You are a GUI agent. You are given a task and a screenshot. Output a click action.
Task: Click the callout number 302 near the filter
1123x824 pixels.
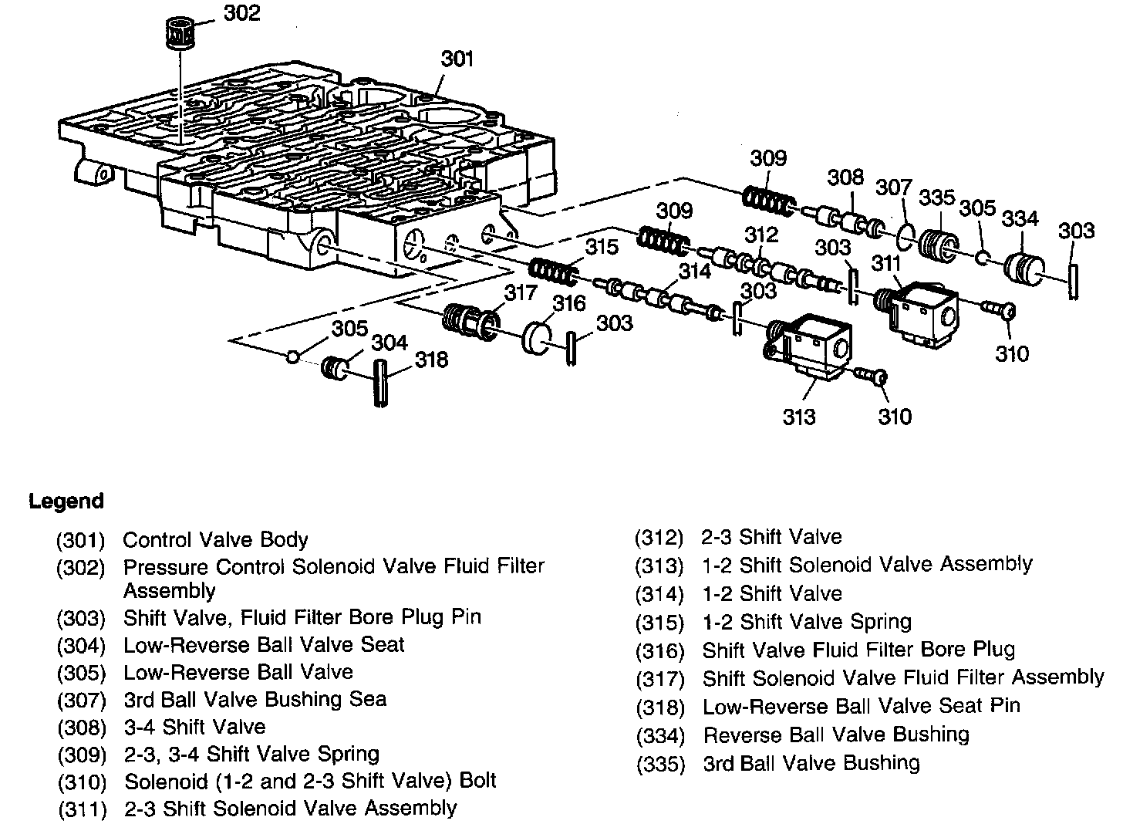(x=242, y=13)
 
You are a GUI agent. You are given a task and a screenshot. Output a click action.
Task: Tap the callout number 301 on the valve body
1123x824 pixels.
(x=457, y=59)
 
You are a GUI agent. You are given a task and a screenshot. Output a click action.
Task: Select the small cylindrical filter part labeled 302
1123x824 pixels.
(x=183, y=34)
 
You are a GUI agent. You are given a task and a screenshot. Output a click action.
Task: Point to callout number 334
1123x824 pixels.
(x=1020, y=219)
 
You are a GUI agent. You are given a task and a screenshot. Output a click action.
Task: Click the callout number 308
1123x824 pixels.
(x=845, y=177)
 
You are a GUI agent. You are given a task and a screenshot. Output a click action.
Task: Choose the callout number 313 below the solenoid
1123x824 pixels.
(x=799, y=417)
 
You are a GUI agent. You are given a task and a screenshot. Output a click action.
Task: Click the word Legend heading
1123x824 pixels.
(x=66, y=501)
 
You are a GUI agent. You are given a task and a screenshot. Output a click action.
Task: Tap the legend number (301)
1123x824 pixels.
(x=80, y=540)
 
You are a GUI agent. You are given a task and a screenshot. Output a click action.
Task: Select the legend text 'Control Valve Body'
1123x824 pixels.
(x=216, y=540)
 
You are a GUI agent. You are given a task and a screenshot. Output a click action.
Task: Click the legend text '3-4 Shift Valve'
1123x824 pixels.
(x=194, y=727)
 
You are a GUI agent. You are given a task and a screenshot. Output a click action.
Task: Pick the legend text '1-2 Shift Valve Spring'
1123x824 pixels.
(x=807, y=622)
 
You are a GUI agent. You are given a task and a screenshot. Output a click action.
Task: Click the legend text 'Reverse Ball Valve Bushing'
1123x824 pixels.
(x=836, y=735)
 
